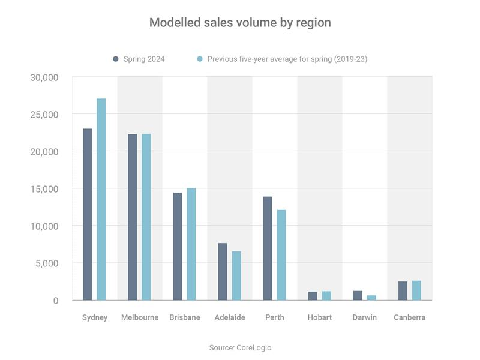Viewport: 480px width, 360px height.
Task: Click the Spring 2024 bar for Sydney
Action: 88,214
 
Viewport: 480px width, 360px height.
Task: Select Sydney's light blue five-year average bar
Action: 101,199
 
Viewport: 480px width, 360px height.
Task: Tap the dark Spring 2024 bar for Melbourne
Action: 133,217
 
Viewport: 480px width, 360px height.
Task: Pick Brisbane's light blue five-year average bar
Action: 191,244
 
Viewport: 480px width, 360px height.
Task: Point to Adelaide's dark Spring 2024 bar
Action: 223,271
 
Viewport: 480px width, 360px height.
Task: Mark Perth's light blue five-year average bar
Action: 281,255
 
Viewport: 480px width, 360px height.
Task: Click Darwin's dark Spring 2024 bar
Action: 358,295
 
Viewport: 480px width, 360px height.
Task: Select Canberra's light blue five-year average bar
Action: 416,290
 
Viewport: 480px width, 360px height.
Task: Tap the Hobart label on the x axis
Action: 319,317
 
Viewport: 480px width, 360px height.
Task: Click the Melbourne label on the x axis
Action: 139,317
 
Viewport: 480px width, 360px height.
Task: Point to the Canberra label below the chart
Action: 410,317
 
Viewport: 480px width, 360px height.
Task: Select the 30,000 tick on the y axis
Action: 44,77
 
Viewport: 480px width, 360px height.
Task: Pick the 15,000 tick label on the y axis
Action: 44,189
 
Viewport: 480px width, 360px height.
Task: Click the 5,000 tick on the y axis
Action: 46,263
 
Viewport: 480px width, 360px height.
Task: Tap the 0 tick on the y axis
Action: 55,301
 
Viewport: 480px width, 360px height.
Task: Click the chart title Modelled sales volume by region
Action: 240,23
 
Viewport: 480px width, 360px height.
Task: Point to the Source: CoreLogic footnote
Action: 240,347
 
